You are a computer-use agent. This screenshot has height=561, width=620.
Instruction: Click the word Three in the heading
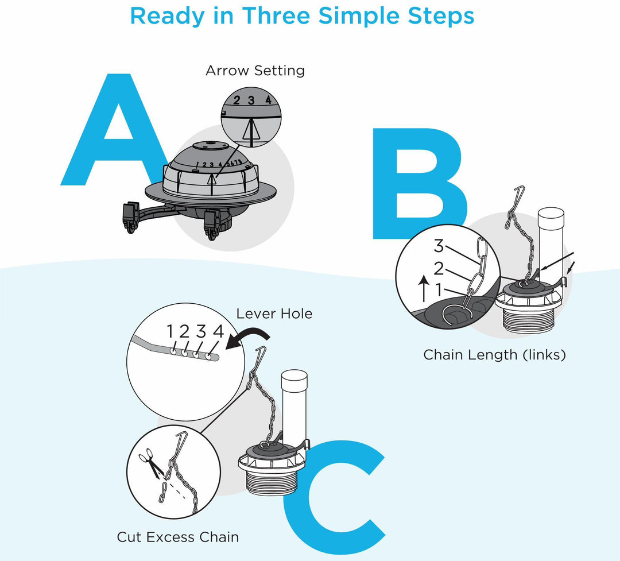pos(276,16)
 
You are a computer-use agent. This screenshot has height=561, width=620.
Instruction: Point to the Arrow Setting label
pos(255,71)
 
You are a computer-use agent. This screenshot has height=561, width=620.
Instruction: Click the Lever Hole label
pos(274,314)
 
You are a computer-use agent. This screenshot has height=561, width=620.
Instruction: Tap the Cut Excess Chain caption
pos(177,537)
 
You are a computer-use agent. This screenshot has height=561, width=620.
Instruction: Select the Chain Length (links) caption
pos(494,354)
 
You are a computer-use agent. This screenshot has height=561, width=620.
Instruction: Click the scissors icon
pos(151,462)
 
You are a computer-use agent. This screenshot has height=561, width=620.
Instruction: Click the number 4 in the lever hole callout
pos(218,331)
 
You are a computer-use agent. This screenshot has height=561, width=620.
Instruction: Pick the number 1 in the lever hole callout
pos(170,331)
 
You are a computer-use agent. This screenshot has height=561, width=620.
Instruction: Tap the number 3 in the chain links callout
pos(439,246)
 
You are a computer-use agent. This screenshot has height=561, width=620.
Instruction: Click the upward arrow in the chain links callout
pos(424,289)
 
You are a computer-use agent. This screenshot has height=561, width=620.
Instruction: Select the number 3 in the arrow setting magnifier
pos(251,100)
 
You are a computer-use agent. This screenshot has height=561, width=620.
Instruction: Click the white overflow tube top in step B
pos(551,213)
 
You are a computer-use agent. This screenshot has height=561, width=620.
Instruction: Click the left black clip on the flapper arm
pos(131,217)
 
